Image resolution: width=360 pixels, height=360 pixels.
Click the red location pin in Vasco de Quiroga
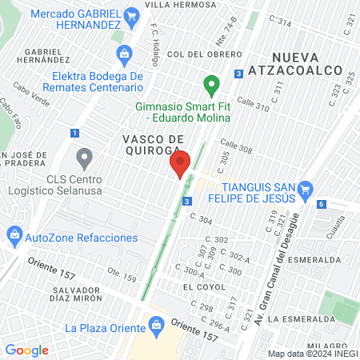coord(181,164)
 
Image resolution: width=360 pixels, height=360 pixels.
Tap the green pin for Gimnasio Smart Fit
coord(211,83)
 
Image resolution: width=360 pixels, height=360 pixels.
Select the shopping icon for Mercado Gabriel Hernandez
coord(133,15)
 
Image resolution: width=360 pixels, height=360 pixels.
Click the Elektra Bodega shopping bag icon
coord(124,54)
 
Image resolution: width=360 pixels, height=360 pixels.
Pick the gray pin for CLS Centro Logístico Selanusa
coord(83,157)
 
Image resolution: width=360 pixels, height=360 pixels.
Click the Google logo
coord(26,350)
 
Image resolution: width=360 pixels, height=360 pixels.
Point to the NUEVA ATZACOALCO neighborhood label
coord(306,64)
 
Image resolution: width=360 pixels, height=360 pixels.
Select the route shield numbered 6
coord(321,204)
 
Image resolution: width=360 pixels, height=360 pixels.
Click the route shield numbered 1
coord(74,133)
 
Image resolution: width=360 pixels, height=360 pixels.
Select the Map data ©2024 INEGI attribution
coord(313,354)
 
